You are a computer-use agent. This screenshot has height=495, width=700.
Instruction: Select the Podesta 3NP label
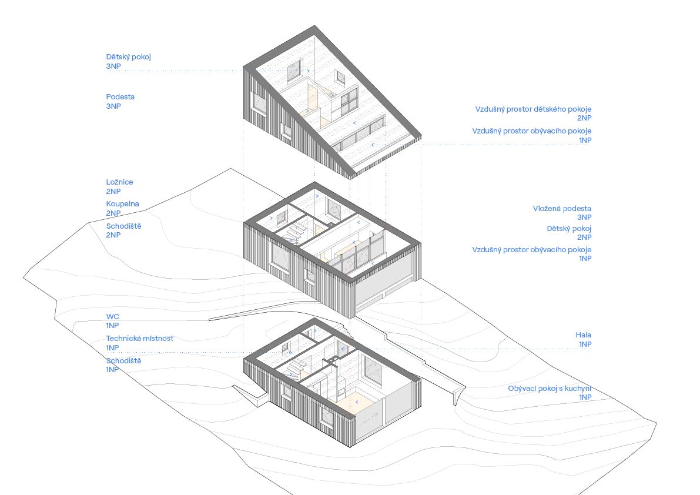[120, 101]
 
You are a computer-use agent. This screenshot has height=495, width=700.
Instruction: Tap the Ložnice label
[119, 186]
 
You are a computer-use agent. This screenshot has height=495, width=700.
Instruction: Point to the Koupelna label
[122, 208]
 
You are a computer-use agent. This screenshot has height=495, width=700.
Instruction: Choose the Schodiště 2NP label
[123, 230]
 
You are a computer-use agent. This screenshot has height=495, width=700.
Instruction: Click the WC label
[112, 320]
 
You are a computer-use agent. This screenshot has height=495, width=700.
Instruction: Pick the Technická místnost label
[139, 343]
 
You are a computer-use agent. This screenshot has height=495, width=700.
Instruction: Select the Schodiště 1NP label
[123, 365]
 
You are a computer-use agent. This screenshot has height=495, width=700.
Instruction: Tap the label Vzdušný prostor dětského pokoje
[532, 113]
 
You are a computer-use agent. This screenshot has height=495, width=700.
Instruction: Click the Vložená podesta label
[561, 213]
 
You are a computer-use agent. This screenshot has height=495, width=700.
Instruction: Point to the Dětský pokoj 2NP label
[568, 233]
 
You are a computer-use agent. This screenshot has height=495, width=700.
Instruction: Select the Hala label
[583, 339]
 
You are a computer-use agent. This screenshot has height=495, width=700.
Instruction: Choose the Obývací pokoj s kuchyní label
[549, 393]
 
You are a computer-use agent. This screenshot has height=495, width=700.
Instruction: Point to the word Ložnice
[119, 182]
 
